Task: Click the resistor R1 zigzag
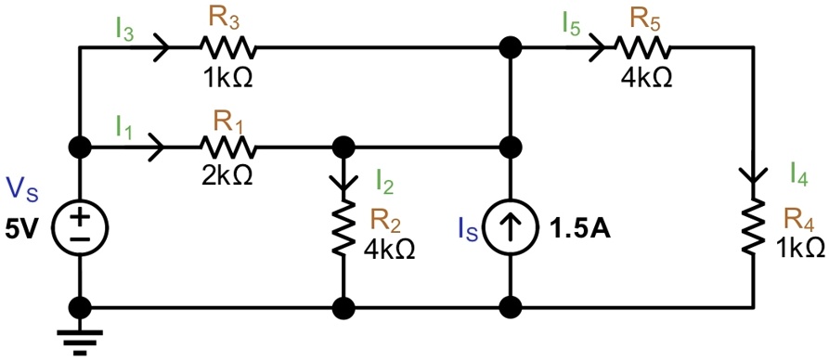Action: click(227, 147)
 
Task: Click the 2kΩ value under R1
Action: click(227, 175)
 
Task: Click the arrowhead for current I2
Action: click(344, 182)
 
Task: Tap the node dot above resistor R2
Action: click(344, 147)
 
